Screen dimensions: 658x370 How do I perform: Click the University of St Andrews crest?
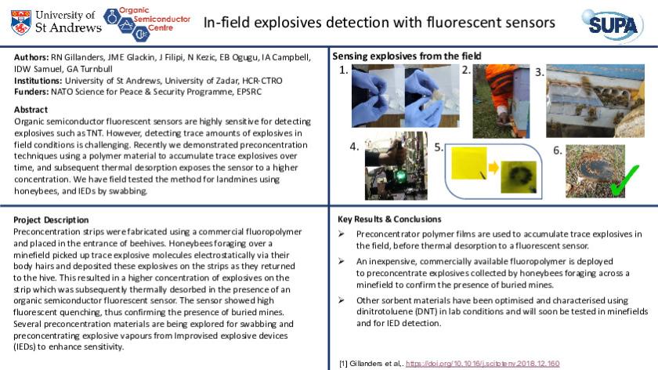[20, 23]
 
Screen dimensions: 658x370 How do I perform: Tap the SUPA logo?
[613, 25]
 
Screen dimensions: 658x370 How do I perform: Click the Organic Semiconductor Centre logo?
[147, 24]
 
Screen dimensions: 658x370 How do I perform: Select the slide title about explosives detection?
[379, 22]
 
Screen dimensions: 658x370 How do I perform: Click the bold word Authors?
[31, 57]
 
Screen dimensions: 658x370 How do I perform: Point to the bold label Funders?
[31, 92]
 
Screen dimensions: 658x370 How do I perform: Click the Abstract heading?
[31, 110]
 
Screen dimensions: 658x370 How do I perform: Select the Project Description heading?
[51, 220]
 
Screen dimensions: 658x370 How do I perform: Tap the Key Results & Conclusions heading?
[389, 219]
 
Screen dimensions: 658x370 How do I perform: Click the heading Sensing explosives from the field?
[407, 56]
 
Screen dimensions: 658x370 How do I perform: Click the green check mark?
[624, 180]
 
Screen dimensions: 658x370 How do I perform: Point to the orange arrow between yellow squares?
[493, 167]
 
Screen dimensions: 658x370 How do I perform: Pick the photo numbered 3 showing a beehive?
[595, 101]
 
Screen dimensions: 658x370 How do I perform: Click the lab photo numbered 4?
[396, 166]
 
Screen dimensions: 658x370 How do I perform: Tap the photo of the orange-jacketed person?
[501, 101]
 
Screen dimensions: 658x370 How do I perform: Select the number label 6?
[557, 151]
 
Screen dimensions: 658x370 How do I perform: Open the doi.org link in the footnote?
[483, 363]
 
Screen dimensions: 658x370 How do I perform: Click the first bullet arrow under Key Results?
[342, 234]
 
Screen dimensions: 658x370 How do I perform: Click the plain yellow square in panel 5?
[469, 163]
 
